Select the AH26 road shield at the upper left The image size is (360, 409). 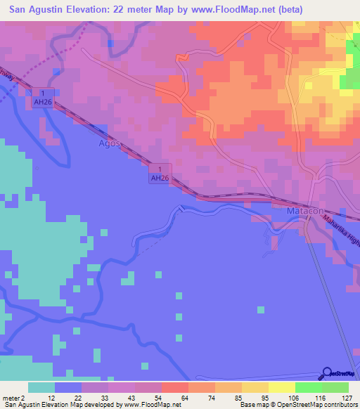[44, 98]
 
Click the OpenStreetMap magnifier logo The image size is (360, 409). [327, 374]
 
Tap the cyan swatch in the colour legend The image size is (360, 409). [41, 387]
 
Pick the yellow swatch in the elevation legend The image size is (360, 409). [282, 387]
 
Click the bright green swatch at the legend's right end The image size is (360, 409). [335, 387]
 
